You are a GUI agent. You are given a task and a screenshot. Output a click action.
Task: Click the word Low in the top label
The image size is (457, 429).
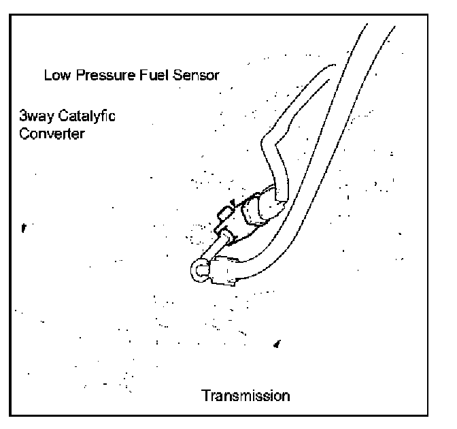[x=55, y=75]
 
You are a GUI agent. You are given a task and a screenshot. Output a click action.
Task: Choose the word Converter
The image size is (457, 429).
[x=52, y=133]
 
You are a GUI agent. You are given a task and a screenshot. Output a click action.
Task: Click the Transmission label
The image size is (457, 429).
[x=245, y=395]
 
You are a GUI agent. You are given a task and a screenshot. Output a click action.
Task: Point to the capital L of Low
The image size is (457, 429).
[x=47, y=75]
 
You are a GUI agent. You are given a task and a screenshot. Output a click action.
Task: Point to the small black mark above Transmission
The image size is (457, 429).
[x=277, y=345]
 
